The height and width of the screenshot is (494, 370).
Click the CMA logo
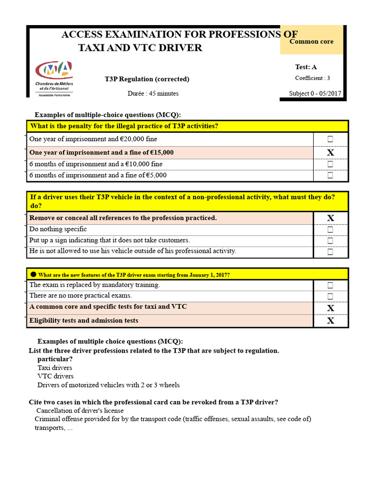(53, 78)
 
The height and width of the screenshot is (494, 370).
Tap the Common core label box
(311, 41)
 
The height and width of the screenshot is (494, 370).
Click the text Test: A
(306, 67)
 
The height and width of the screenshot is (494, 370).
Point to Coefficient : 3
(313, 78)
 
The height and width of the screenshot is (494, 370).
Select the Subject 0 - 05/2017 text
(316, 94)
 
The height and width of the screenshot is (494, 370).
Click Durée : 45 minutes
(153, 94)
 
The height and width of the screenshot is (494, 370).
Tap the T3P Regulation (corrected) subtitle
(147, 79)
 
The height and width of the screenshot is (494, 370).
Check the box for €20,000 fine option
(330, 139)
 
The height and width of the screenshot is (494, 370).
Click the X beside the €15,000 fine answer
(330, 153)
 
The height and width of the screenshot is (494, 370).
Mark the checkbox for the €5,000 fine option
(330, 176)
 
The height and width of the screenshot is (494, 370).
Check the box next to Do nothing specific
(330, 230)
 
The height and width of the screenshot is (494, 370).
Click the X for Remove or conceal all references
(330, 218)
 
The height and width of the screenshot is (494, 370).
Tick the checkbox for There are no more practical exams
(330, 296)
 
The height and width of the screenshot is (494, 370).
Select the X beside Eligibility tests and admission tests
(330, 321)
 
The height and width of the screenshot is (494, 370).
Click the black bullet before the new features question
(33, 274)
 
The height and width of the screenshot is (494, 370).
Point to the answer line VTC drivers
(55, 376)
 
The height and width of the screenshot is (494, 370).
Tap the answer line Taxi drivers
(54, 368)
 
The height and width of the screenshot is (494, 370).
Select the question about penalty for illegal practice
(124, 126)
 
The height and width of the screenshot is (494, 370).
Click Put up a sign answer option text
(109, 240)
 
